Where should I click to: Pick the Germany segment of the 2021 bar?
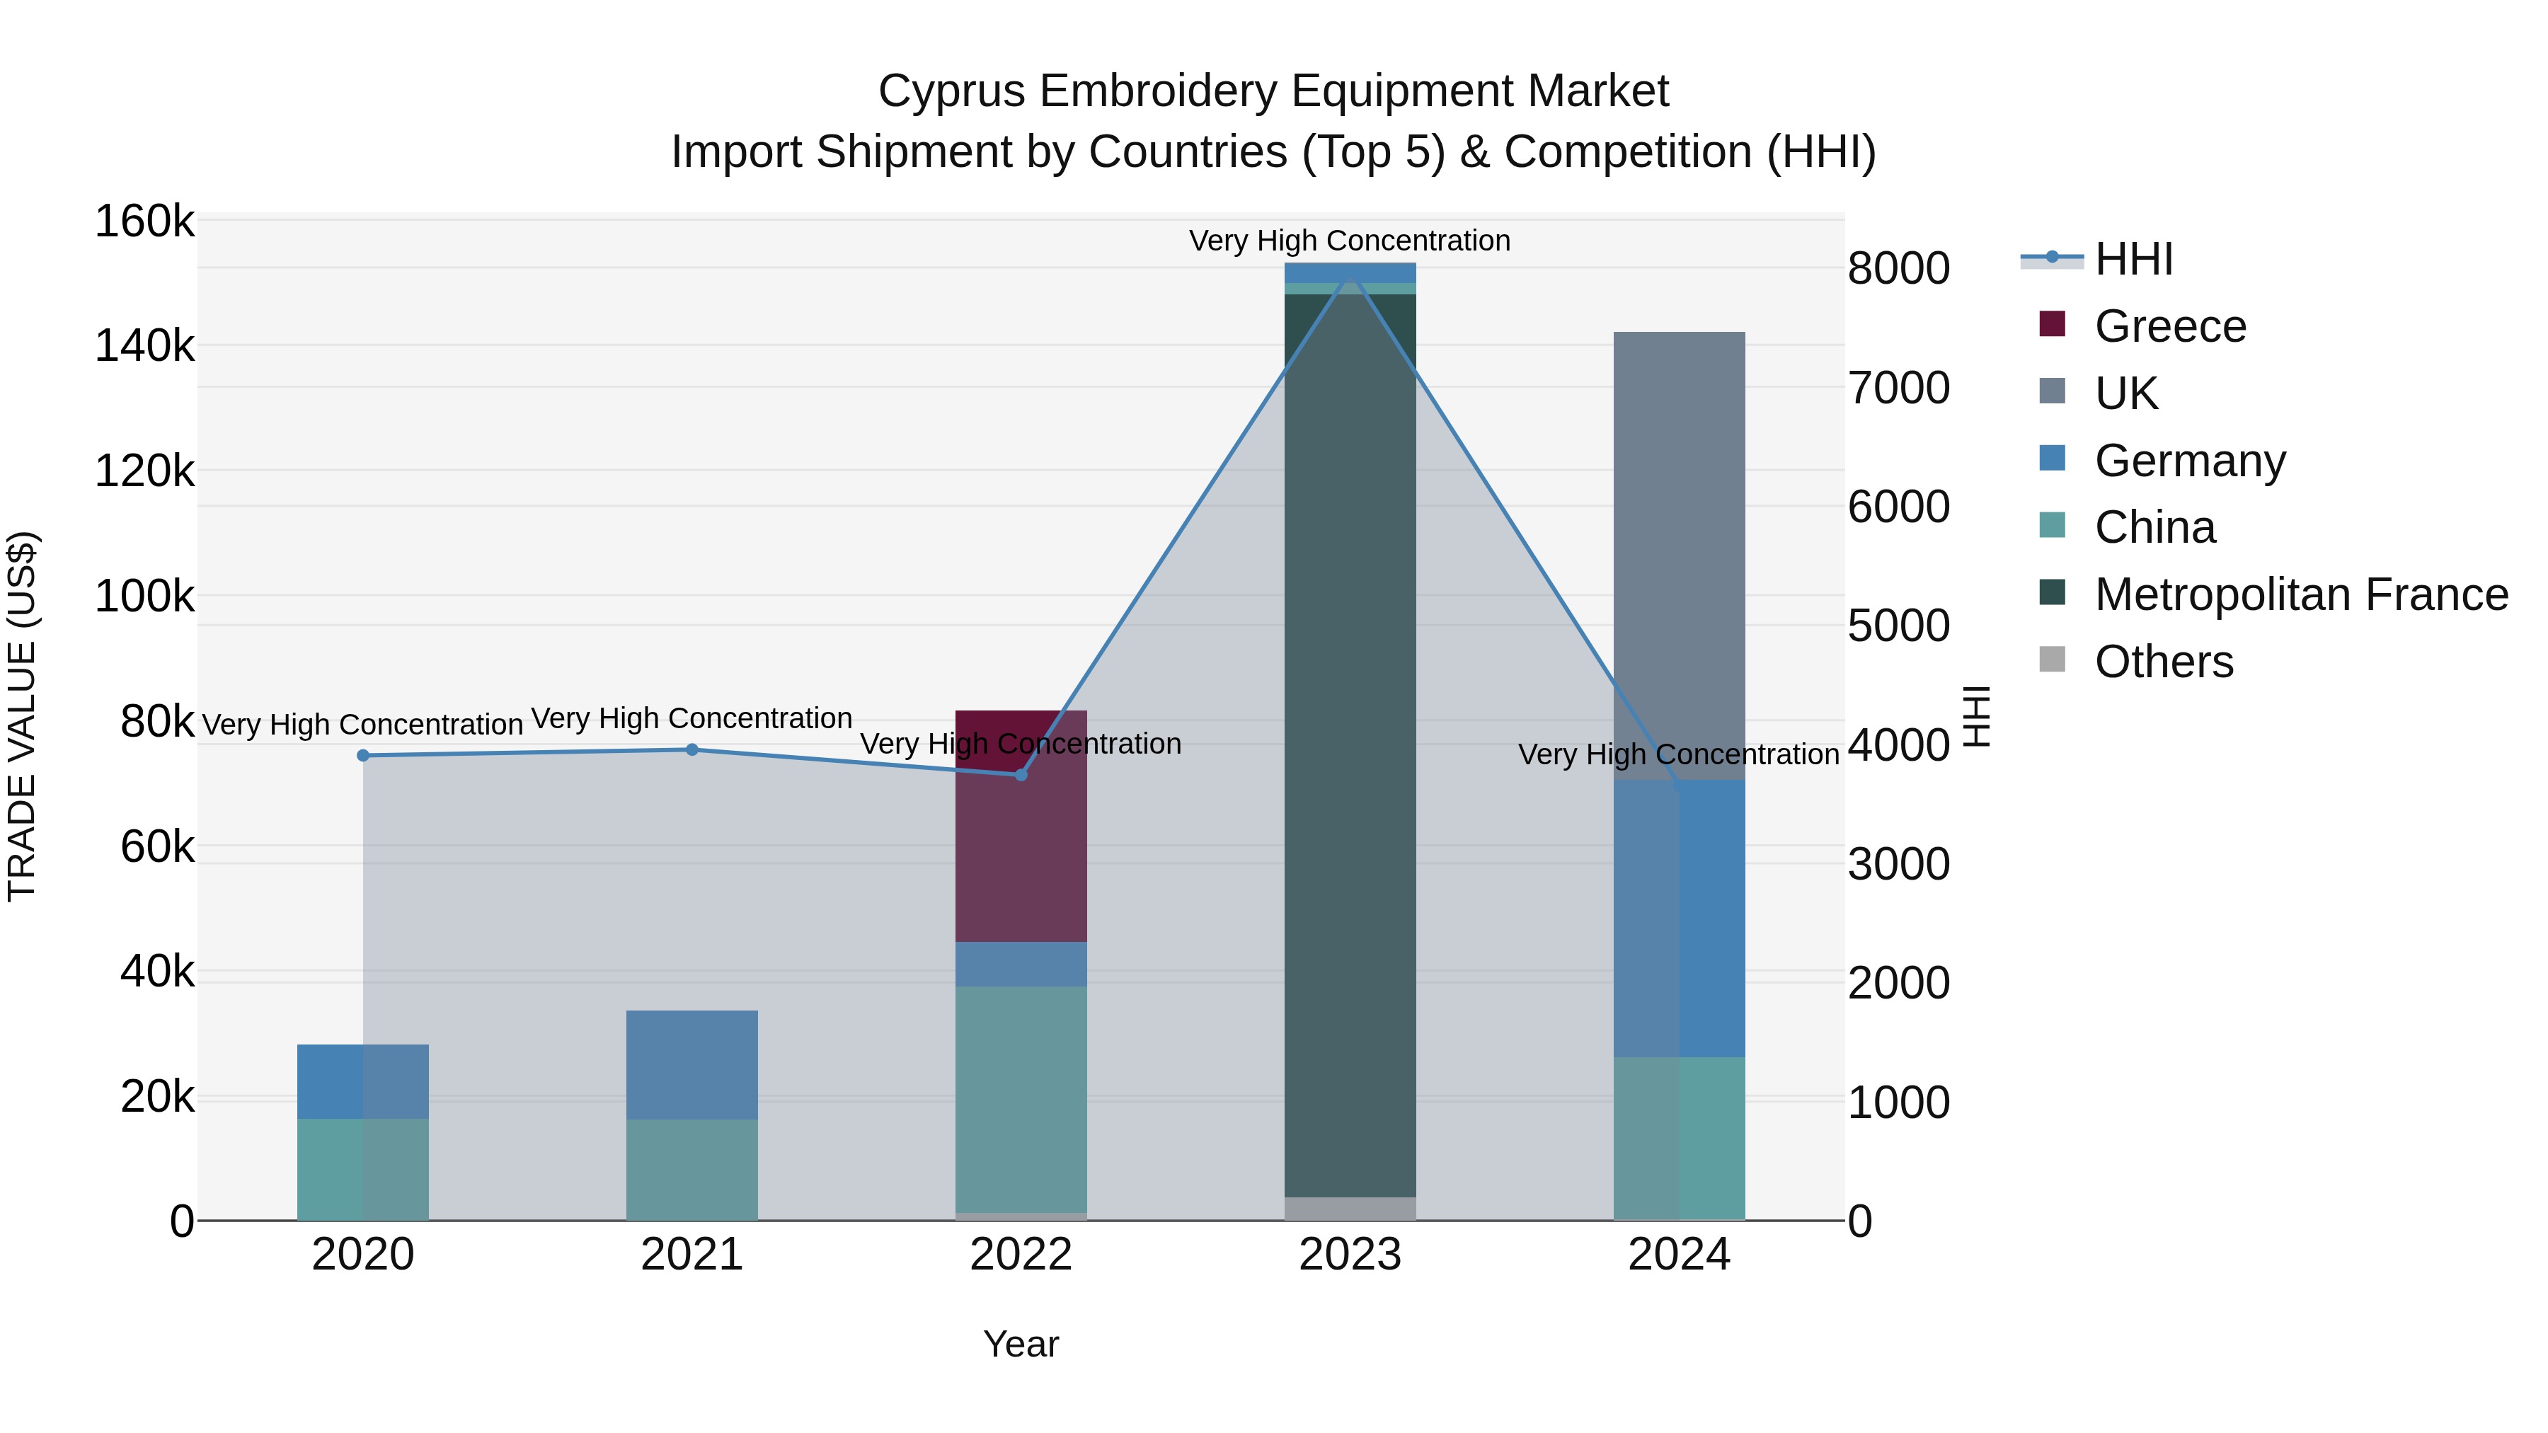691,1064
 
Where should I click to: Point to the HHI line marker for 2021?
691,749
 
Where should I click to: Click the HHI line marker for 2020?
363,756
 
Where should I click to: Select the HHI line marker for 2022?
1021,774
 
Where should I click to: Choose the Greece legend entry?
2169,326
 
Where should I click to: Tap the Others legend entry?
2163,662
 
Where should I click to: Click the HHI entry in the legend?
2133,259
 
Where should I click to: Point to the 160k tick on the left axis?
144,221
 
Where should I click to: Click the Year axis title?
1021,1344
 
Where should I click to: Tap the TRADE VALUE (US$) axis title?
22,716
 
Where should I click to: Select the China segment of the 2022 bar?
1021,1098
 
